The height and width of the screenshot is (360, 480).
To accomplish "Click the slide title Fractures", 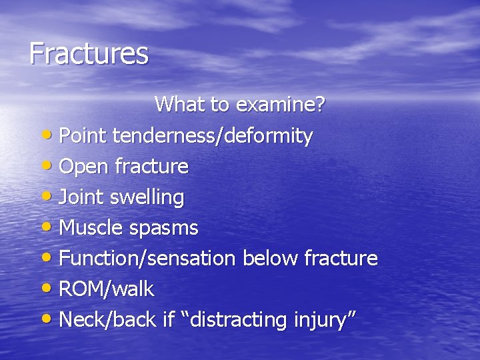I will [89, 53].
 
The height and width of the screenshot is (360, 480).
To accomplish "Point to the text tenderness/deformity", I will [213, 136].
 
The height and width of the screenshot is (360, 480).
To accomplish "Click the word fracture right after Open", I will [151, 166].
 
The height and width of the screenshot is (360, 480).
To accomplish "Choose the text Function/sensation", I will [147, 258].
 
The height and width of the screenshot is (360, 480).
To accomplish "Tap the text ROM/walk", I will [107, 289].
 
